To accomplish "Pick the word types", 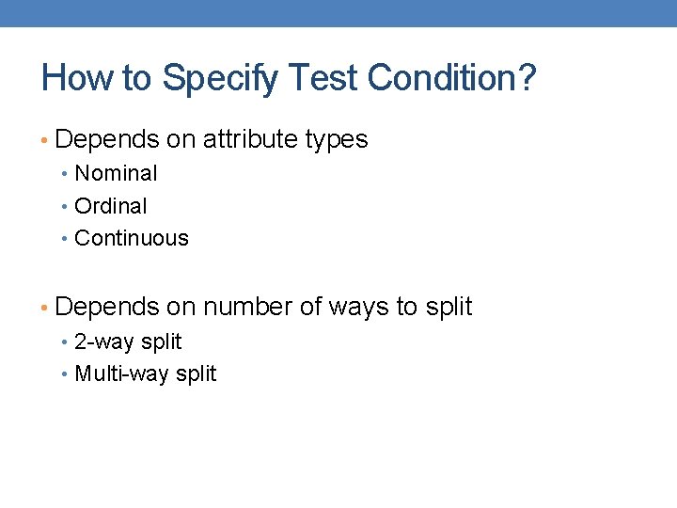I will click(337, 139).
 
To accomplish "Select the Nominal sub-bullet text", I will click(116, 173).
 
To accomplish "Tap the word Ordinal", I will click(111, 206).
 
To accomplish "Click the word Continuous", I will click(132, 238).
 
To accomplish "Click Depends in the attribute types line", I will click(107, 139).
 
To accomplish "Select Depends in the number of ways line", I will click(107, 307).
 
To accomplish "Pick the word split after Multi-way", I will click(194, 373).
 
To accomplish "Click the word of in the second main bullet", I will click(310, 307).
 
